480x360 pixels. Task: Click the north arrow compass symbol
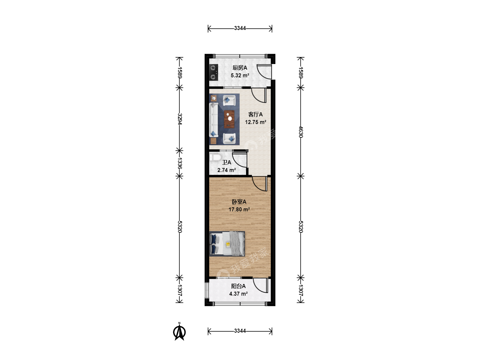coord(179,332)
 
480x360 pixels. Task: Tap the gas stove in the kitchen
coord(213,72)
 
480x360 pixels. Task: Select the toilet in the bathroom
coord(215,157)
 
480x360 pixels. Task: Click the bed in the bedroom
coord(227,243)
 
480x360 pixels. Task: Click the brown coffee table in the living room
coord(229,119)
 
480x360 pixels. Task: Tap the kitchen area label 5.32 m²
coord(240,75)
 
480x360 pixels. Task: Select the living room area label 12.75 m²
coord(255,122)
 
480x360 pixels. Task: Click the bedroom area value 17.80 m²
coord(239,209)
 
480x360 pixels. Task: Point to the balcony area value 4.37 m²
coord(238,294)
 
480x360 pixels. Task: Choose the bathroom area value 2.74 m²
coord(227,170)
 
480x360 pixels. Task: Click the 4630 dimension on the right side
coord(301,132)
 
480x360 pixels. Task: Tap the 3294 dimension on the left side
coord(180,119)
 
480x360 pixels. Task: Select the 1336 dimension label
coord(180,163)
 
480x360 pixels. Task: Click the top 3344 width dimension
coord(240,28)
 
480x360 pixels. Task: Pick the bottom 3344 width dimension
coord(240,331)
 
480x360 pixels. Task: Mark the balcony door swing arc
coord(258,287)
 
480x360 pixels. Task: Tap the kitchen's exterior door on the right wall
coord(264,72)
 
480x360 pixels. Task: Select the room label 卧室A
coord(239,202)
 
